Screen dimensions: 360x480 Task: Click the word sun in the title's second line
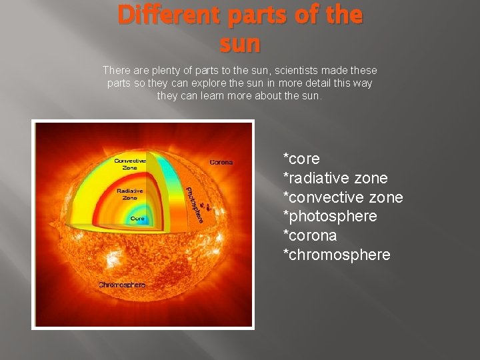point(240,45)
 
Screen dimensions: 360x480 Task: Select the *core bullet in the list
point(301,159)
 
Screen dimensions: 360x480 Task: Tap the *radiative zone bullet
point(335,179)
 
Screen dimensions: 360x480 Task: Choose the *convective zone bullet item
point(343,197)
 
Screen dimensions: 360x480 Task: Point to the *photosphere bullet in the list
point(330,217)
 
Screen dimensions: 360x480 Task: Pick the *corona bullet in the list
point(310,236)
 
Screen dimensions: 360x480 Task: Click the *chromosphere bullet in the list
point(337,255)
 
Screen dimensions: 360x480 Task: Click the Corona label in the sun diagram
point(221,162)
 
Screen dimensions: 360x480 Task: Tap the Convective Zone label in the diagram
point(130,164)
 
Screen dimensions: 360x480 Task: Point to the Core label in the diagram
point(137,218)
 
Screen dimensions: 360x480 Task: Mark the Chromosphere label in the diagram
point(122,285)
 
